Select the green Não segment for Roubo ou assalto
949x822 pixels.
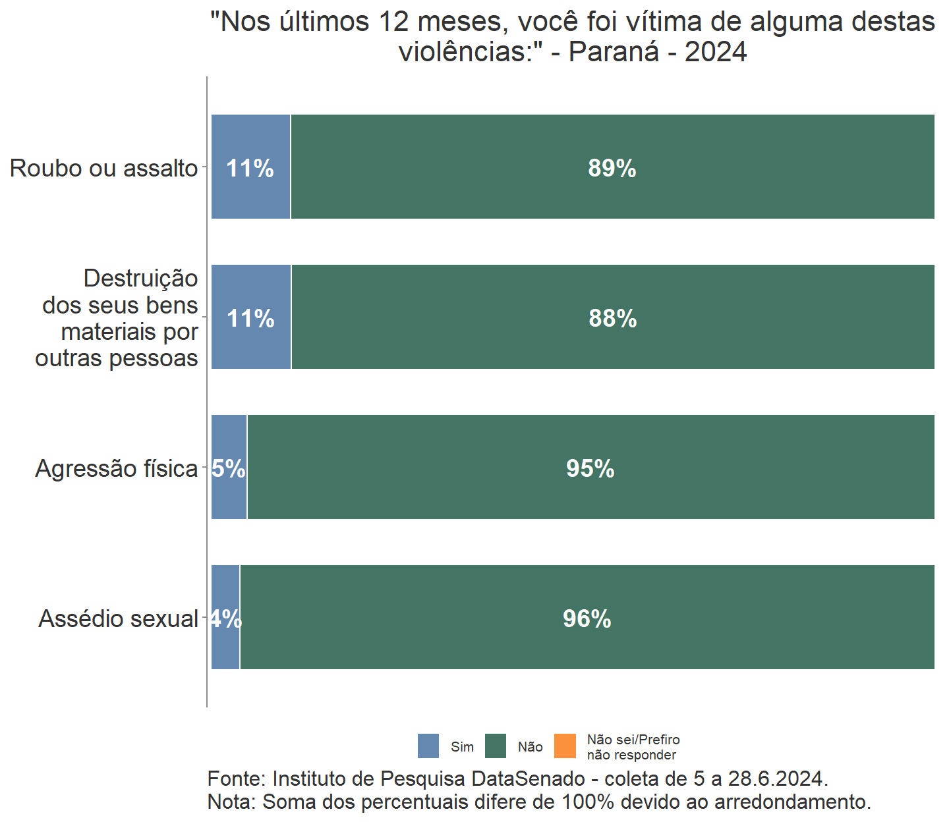pos(612,198)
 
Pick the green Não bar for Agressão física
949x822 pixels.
pos(590,494)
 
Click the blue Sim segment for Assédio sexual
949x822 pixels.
pos(225,645)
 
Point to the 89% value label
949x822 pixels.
pos(612,169)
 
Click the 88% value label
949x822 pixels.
pos(612,319)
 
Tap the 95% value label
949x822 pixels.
pos(590,469)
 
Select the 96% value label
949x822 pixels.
pos(587,619)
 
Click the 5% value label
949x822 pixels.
pos(228,469)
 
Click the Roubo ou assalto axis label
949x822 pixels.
pos(103,169)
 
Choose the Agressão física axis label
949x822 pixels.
pos(116,469)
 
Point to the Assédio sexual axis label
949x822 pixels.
pos(118,619)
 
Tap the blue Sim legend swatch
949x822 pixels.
pos(428,746)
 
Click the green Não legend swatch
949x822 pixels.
pos(496,746)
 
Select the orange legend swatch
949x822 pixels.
pos(565,746)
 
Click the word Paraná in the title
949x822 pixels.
pos(614,52)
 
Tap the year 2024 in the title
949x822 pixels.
pos(716,52)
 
